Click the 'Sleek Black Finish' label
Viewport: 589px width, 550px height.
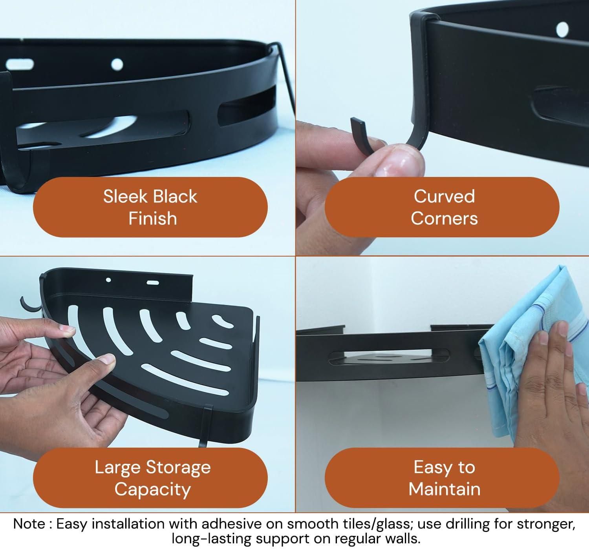tap(150, 207)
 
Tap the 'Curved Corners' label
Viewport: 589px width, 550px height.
tap(444, 207)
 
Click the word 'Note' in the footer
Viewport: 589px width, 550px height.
tap(29, 524)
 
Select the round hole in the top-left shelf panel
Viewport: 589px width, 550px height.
tap(117, 64)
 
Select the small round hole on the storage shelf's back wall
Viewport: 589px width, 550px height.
tap(109, 280)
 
